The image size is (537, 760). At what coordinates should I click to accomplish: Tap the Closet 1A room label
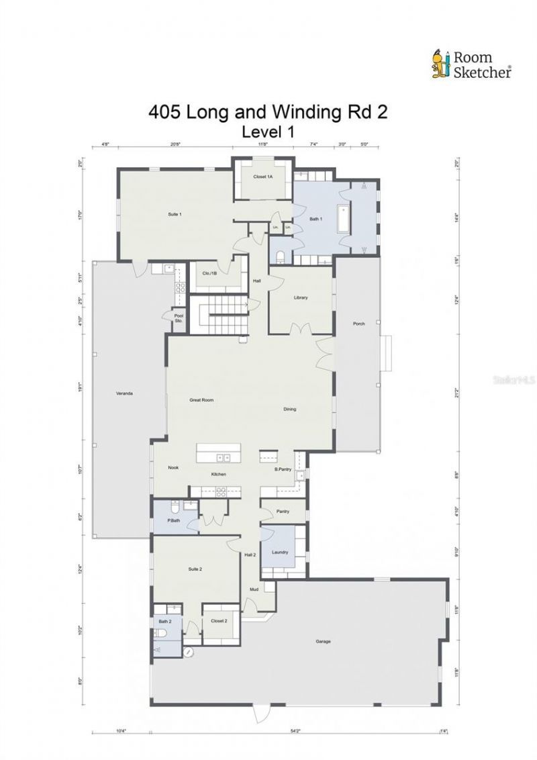click(263, 177)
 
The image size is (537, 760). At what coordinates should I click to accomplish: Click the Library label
click(301, 297)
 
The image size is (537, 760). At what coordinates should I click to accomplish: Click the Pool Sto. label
click(179, 318)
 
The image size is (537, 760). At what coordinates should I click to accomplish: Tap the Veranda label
click(123, 393)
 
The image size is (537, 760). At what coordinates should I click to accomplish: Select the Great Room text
click(201, 399)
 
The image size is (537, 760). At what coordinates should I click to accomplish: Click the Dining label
click(289, 409)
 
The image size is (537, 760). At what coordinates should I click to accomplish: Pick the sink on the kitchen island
click(222, 458)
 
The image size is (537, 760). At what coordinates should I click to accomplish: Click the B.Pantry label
click(283, 470)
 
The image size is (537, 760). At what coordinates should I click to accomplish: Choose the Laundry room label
click(280, 552)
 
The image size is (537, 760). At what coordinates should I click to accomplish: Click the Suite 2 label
click(195, 569)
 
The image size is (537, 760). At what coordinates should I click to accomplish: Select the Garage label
click(323, 641)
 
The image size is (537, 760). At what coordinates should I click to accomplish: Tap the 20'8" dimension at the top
click(175, 144)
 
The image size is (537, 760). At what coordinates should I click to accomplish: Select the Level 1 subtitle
click(268, 132)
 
